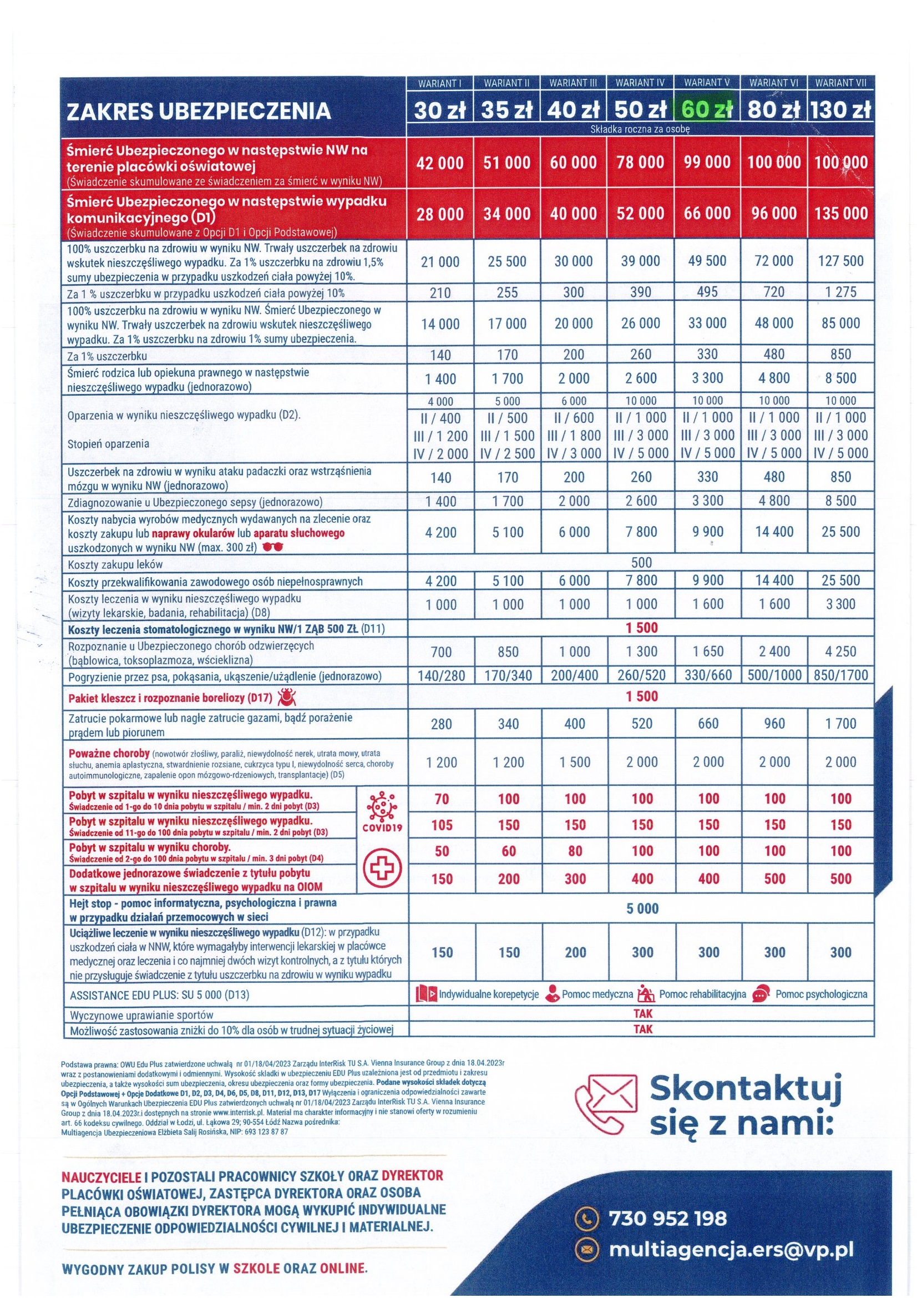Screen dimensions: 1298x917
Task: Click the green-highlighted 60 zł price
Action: pyautogui.click(x=707, y=109)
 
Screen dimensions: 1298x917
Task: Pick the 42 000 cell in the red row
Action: pyautogui.click(x=439, y=163)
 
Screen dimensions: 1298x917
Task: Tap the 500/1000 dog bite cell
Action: pyautogui.click(x=773, y=675)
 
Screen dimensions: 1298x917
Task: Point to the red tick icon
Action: pyautogui.click(x=288, y=698)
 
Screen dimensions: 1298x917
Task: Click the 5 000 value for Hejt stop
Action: pyautogui.click(x=642, y=908)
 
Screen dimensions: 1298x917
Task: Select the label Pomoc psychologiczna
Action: pyautogui.click(x=820, y=994)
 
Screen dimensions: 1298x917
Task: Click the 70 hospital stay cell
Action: pyautogui.click(x=441, y=799)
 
